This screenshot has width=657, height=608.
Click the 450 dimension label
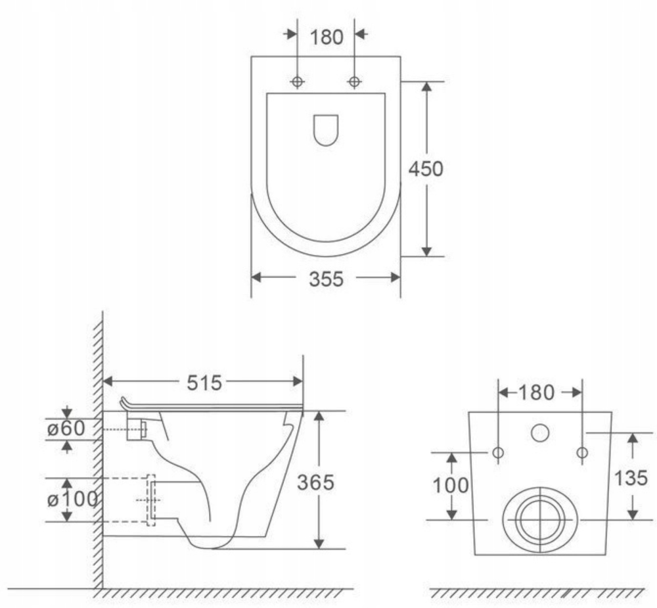click(x=426, y=169)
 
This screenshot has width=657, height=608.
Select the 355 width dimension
click(x=326, y=279)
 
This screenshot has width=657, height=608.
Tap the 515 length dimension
click(x=204, y=383)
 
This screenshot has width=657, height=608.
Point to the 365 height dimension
click(x=315, y=482)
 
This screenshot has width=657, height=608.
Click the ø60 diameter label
click(x=66, y=429)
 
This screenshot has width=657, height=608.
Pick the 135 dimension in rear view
click(x=631, y=478)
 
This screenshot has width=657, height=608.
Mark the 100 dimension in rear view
click(x=451, y=486)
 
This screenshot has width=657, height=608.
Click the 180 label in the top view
click(x=327, y=37)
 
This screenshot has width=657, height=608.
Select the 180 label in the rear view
click(x=537, y=393)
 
